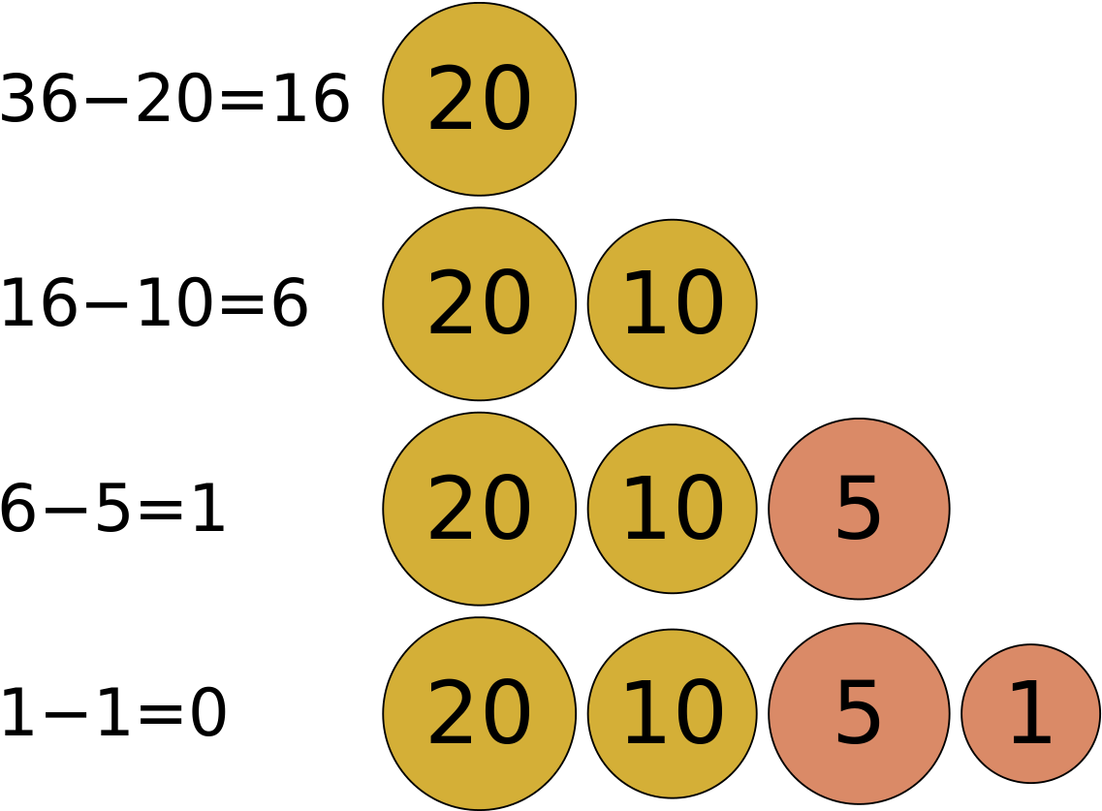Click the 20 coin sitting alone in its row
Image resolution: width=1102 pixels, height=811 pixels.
(x=479, y=99)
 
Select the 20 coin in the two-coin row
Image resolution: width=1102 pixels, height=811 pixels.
(x=479, y=304)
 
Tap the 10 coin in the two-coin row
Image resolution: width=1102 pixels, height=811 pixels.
(x=672, y=304)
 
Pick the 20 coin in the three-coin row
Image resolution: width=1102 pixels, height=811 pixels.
(x=479, y=509)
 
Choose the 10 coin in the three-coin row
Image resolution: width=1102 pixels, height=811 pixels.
(x=672, y=509)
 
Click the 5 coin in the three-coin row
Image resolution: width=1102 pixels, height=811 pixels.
(x=859, y=509)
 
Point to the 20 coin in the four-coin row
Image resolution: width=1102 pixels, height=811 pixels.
(x=479, y=714)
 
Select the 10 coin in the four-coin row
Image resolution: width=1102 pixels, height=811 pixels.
(x=672, y=714)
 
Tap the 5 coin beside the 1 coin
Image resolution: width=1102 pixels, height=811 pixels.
(x=859, y=714)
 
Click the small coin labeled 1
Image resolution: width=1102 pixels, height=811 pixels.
(x=1030, y=714)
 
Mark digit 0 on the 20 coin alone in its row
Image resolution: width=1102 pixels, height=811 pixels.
(x=507, y=99)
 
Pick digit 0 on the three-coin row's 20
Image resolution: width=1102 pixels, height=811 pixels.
(x=507, y=509)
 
